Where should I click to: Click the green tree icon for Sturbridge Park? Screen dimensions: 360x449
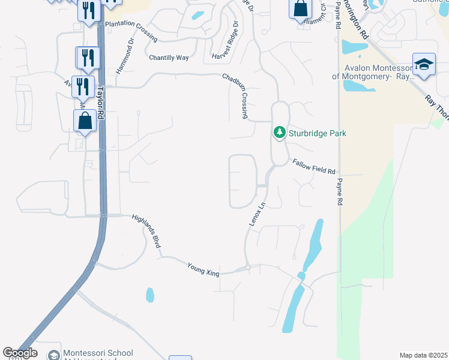(279, 132)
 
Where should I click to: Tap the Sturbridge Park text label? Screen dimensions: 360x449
(318, 133)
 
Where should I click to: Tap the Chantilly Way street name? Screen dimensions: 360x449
(169, 58)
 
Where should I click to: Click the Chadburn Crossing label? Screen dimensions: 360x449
(235, 95)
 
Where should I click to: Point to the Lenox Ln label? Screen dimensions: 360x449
(257, 214)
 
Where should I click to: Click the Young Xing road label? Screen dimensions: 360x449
(203, 269)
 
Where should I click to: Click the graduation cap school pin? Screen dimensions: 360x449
(424, 65)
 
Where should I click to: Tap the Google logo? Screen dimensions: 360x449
(20, 353)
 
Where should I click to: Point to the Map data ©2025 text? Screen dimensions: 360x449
(423, 355)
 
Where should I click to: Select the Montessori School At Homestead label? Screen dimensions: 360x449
(98, 355)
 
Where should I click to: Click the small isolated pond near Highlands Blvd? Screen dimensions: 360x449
(149, 295)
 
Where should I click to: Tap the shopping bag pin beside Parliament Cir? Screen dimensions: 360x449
(300, 10)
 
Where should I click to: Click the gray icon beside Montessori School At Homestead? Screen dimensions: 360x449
(54, 355)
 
